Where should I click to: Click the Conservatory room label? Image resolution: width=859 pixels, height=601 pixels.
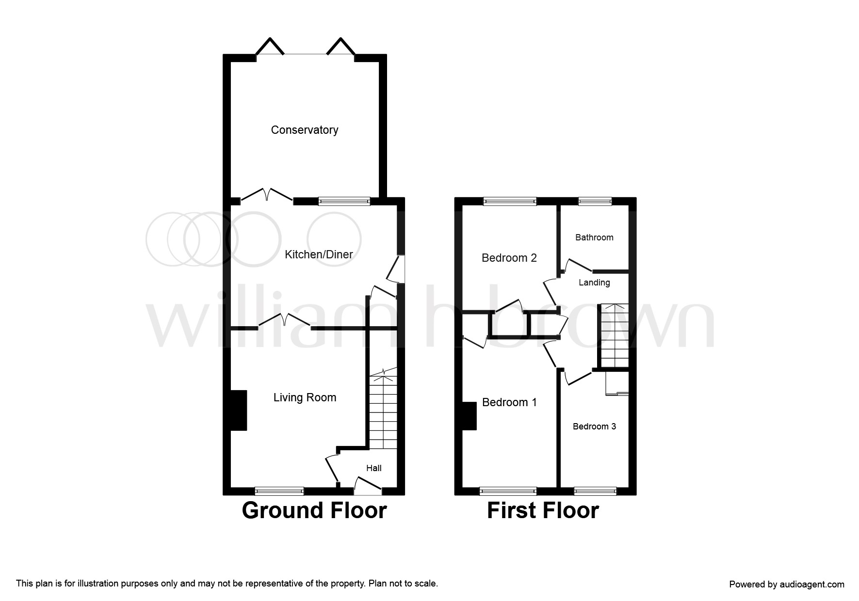305,130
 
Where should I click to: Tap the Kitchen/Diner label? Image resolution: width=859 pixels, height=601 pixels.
319,254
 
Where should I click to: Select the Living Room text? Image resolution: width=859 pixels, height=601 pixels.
305,398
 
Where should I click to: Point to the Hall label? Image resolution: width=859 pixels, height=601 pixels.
374,468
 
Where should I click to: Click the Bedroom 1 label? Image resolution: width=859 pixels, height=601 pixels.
509,402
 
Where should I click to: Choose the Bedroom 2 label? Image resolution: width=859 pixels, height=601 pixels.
509,258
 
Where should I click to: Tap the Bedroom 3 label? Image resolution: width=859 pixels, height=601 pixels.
594,427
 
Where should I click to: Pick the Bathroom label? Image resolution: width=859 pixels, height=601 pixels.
594,237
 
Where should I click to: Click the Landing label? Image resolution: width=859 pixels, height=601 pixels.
594,283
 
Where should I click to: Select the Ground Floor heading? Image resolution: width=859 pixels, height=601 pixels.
314,510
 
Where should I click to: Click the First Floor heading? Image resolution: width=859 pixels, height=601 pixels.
543,510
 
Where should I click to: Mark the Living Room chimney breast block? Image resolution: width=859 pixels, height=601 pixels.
238,411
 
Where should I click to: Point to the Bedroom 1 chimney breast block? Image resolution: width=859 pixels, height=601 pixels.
469,416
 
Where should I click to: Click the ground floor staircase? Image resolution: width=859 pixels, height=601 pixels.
383,409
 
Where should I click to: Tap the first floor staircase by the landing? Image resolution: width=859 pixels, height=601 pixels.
615,335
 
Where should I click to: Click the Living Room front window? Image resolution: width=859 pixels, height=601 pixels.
279,491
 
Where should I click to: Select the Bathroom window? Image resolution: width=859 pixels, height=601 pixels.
595,201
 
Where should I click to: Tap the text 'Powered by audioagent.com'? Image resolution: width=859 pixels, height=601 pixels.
787,585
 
